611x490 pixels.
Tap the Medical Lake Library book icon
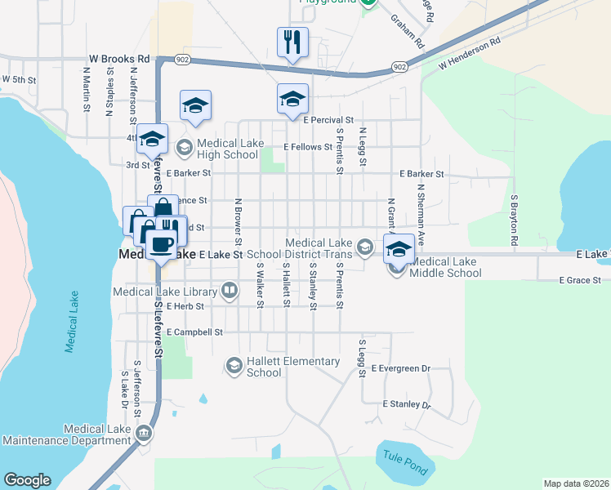coord(230,291)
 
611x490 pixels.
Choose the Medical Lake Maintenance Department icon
coord(144,433)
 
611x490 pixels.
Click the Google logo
coord(27,480)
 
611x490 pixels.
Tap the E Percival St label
coord(327,120)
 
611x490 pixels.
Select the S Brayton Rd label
coord(515,220)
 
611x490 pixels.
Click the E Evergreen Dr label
coord(400,369)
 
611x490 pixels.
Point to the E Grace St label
coord(580,280)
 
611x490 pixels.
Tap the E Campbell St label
coord(194,332)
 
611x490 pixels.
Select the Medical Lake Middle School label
coord(446,267)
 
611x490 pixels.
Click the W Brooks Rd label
coord(120,59)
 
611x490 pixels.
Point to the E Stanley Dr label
coord(406,404)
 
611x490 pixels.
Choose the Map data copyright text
coord(575,483)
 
